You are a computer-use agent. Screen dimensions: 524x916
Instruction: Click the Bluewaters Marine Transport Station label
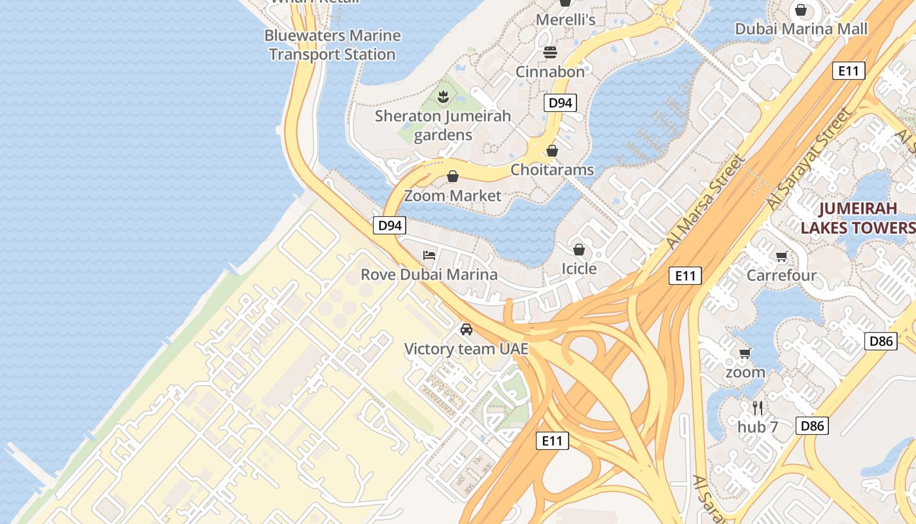point(332,45)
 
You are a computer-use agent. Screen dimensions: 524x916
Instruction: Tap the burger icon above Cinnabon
point(550,52)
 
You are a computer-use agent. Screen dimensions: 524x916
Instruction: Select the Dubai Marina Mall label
point(801,29)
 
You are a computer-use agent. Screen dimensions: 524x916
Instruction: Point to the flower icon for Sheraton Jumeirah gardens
point(443,97)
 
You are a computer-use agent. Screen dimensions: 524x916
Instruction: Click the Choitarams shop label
point(552,170)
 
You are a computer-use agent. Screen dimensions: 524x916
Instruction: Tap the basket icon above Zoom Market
point(452,176)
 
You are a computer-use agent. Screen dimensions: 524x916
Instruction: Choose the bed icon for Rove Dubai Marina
point(429,255)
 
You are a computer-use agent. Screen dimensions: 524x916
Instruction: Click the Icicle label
point(579,269)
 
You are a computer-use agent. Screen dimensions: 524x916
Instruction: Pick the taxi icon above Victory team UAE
point(466,329)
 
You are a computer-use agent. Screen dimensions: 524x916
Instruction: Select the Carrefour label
point(781,275)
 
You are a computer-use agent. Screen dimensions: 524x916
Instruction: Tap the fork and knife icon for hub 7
point(758,408)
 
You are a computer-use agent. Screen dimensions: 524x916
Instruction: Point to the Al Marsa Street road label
point(706,202)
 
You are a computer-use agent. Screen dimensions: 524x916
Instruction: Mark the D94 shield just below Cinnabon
point(560,103)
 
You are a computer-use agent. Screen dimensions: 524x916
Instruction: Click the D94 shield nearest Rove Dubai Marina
point(390,225)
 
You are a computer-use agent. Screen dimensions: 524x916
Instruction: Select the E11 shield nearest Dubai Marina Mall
point(849,71)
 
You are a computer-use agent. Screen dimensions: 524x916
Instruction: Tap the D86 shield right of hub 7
point(812,426)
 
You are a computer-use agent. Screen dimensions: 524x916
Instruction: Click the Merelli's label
point(565,20)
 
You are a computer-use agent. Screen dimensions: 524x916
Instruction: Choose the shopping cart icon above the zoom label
point(745,354)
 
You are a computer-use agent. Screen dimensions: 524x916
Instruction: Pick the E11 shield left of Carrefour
point(685,276)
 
